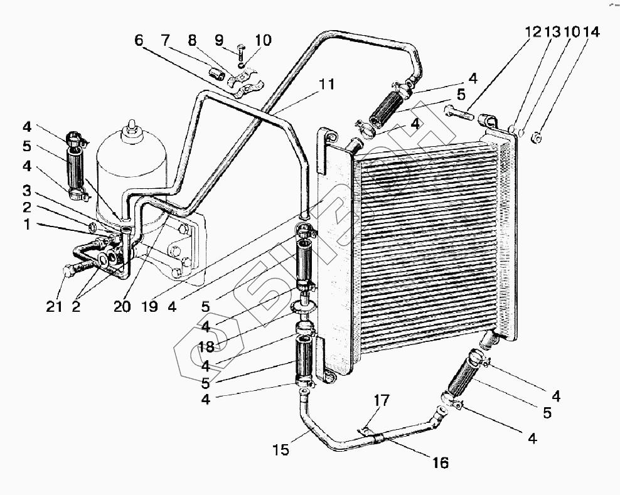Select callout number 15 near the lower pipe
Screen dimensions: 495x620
[281, 450]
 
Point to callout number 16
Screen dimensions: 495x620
[441, 463]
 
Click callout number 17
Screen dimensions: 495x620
[382, 400]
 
